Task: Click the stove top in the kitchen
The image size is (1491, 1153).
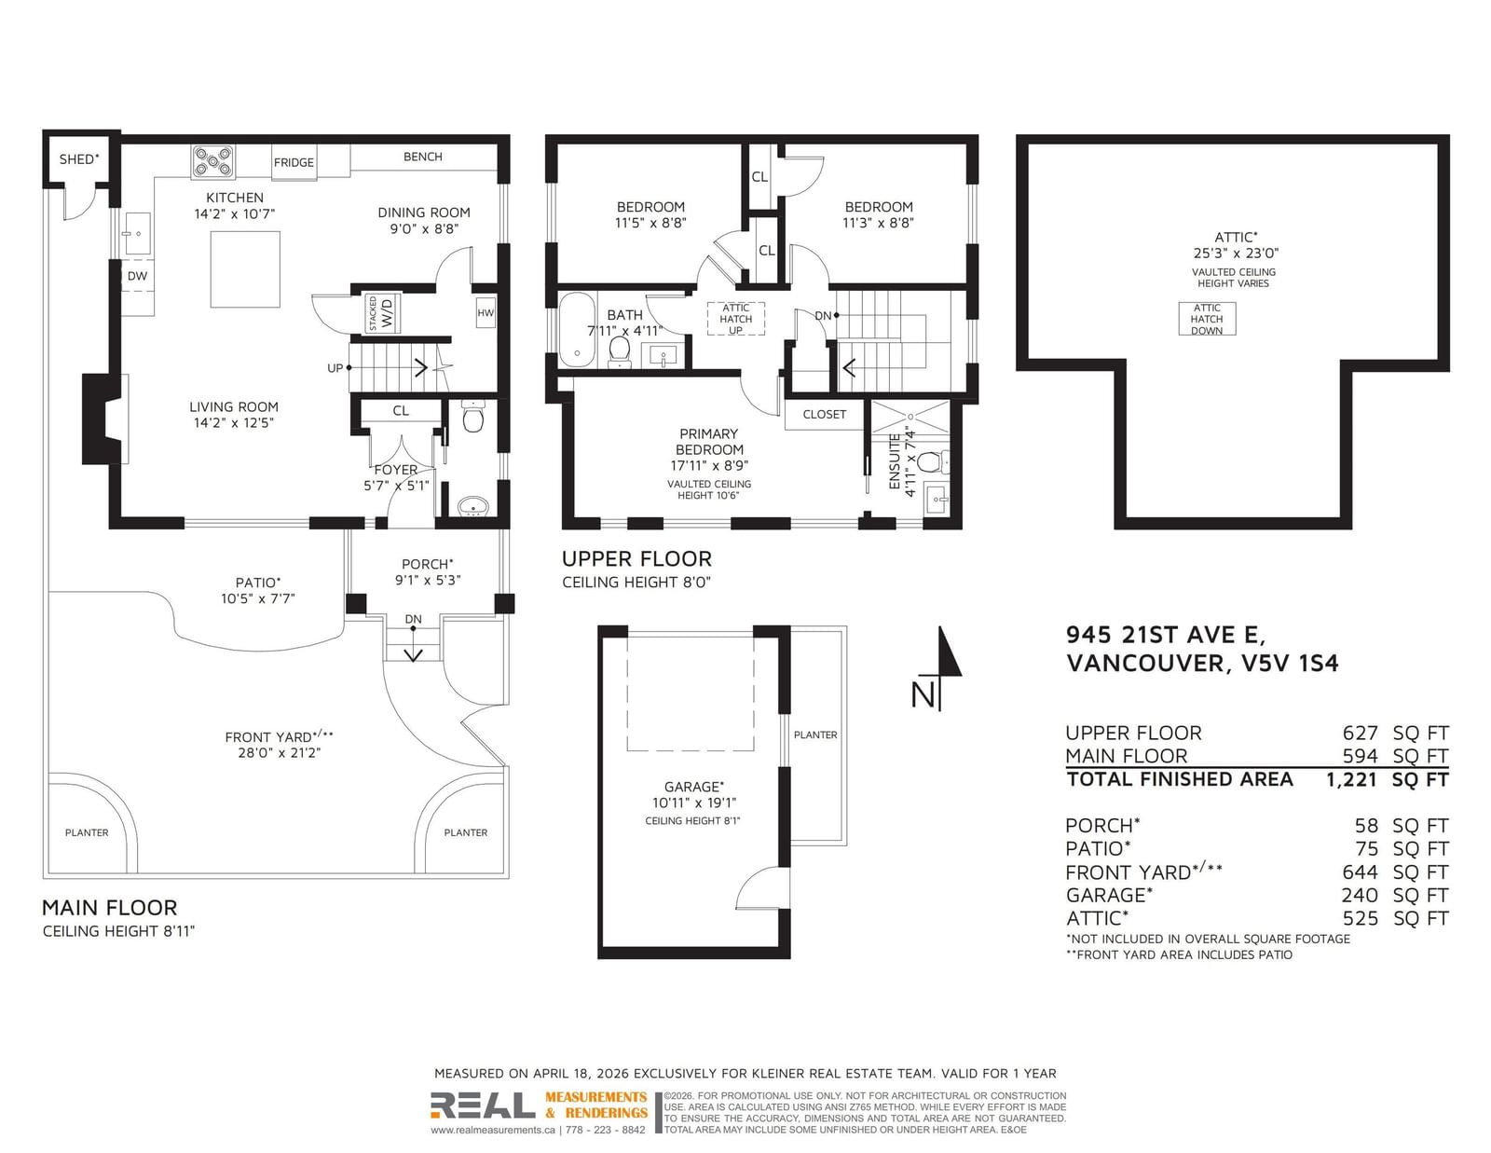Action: tap(212, 162)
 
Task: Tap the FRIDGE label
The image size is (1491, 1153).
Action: tap(294, 163)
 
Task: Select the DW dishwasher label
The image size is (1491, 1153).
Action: tap(137, 276)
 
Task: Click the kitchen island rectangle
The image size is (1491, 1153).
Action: tap(245, 269)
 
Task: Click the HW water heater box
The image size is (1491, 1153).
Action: tap(486, 313)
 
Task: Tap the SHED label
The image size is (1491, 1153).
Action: tap(79, 159)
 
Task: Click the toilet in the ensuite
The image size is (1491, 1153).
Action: tap(931, 462)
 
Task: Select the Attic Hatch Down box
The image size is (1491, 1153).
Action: tap(1207, 319)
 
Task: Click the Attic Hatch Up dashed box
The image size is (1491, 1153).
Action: tap(735, 319)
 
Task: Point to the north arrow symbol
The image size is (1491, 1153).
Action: tap(937, 668)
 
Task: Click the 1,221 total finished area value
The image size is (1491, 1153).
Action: tap(1351, 779)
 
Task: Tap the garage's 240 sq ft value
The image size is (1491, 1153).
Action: tap(1360, 895)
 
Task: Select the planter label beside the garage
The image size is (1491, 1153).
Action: tap(815, 734)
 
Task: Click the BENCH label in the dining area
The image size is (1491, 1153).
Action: tap(423, 157)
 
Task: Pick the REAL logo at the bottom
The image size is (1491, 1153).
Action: tap(483, 1105)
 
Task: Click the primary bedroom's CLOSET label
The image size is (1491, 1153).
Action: tap(824, 415)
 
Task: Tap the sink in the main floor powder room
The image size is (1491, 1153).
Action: tap(472, 506)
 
